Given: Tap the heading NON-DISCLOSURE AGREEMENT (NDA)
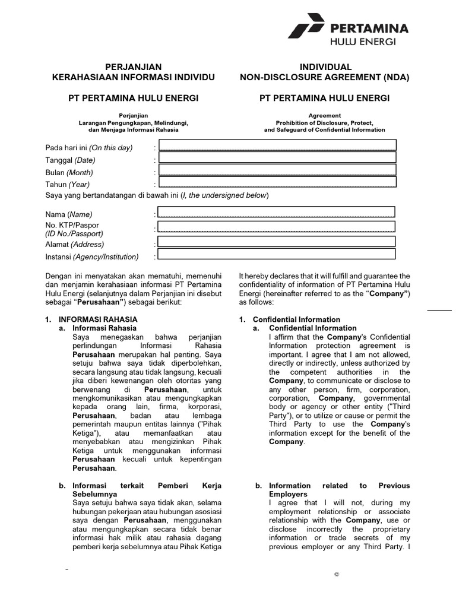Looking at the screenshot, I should [324, 77].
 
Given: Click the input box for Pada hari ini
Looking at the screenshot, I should [277, 145].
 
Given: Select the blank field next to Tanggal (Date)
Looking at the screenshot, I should [277, 158].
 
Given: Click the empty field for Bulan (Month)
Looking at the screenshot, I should [277, 170].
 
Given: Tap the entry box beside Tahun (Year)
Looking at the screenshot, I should [277, 182].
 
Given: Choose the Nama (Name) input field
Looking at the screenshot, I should [277, 212].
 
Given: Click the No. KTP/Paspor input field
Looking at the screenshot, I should [277, 227].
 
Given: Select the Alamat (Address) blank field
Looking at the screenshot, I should [277, 242].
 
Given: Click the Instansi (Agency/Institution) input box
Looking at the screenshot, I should [277, 254].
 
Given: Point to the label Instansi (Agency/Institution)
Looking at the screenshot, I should [92, 256].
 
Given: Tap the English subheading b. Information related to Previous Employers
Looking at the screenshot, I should [339, 489].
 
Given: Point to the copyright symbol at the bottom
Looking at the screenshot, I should [336, 575].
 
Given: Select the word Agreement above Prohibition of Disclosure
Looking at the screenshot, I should [324, 115].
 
